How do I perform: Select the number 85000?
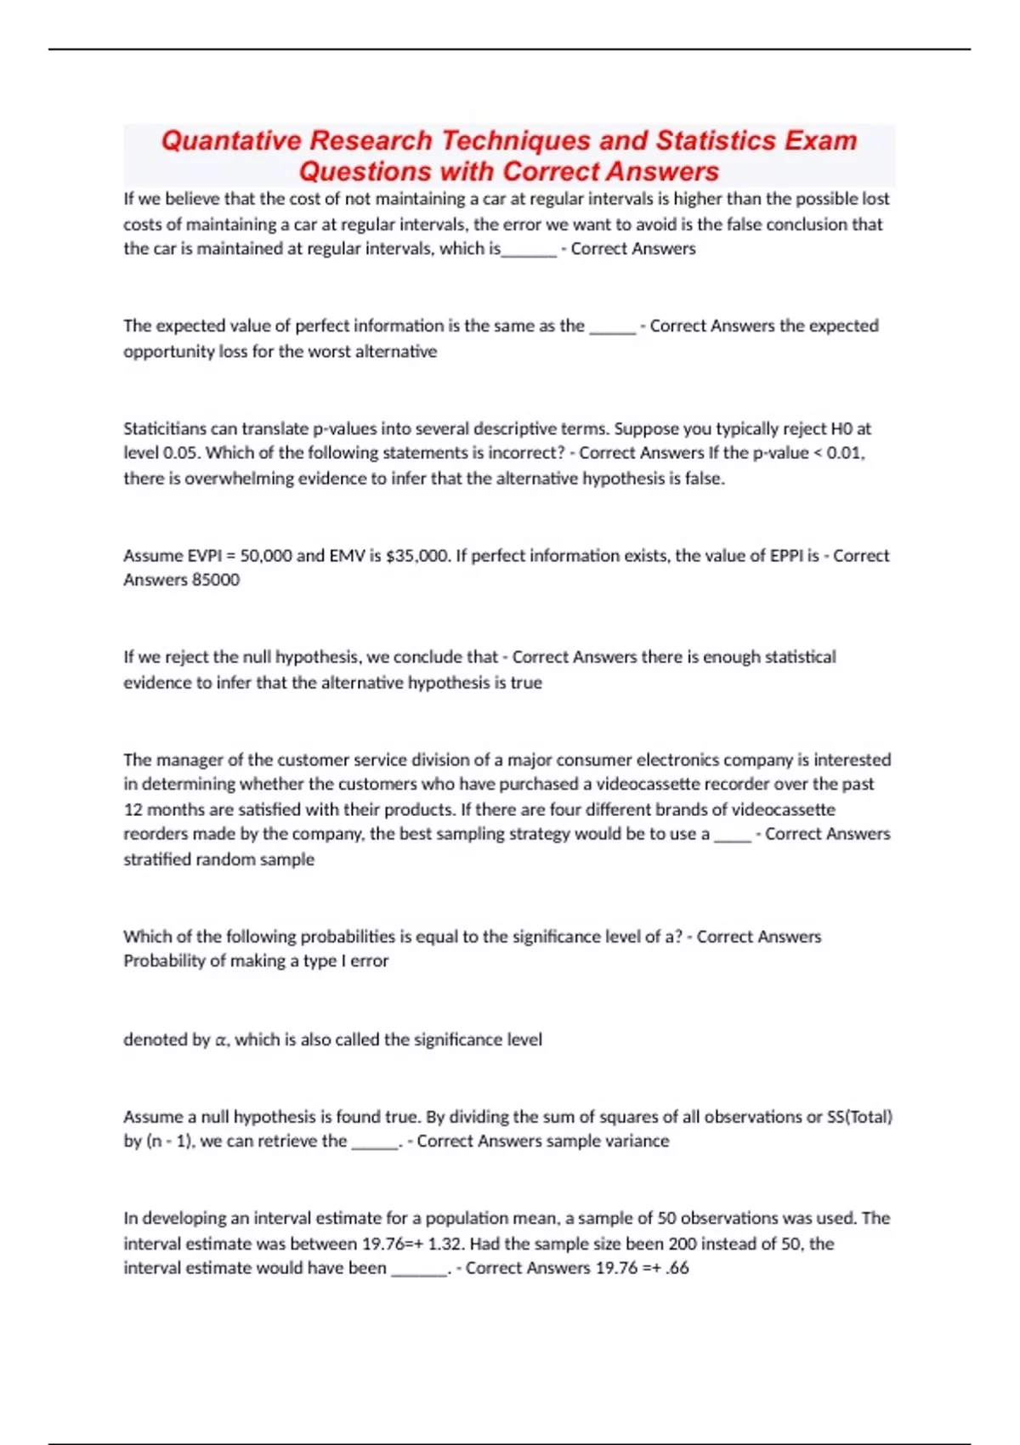tap(216, 580)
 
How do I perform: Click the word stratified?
tap(157, 859)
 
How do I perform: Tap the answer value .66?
tap(677, 1268)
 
